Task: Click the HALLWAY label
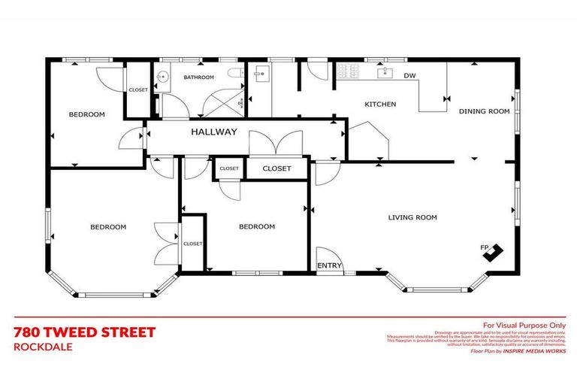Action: pos(213,132)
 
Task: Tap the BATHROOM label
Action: pos(199,77)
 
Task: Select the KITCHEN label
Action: pos(380,104)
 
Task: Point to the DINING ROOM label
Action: pos(484,111)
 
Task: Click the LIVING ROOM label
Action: pos(412,217)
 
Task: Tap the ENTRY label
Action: pos(329,265)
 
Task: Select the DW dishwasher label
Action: pos(409,76)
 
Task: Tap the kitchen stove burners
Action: pos(348,72)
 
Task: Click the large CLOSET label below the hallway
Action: pos(276,168)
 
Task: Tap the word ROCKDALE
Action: pos(42,347)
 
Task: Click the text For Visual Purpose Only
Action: pos(524,324)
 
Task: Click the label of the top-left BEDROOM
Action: pos(86,114)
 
